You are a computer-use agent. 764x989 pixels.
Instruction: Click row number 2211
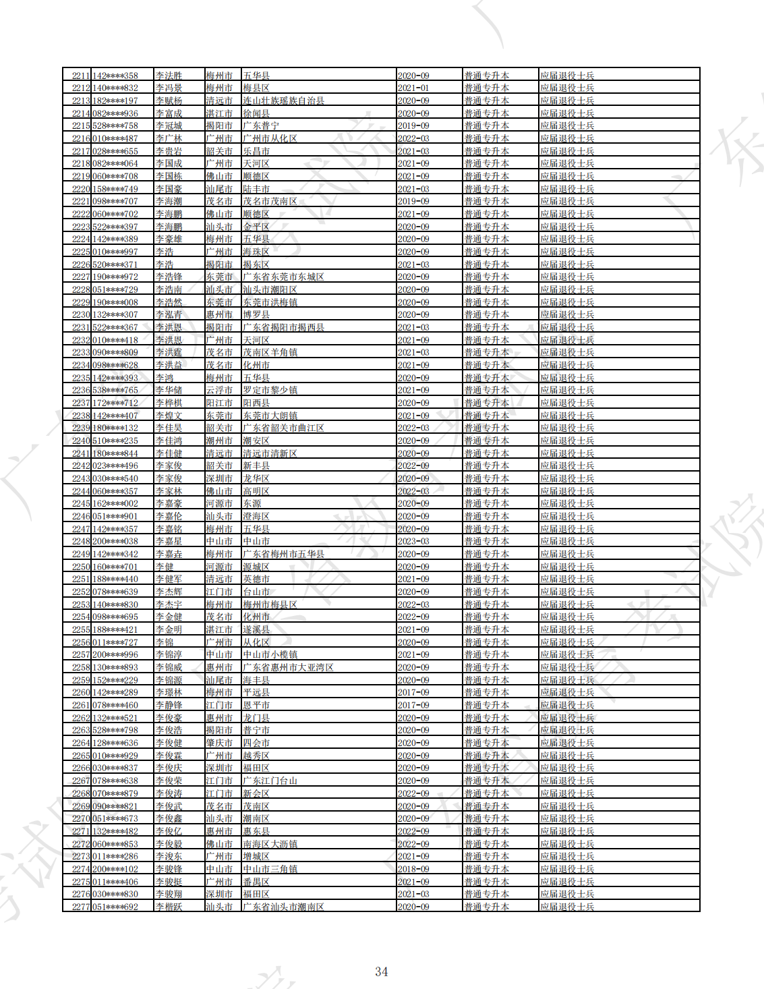[81, 76]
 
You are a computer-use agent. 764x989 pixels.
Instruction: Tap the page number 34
[382, 971]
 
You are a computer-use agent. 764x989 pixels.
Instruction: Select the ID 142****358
[115, 76]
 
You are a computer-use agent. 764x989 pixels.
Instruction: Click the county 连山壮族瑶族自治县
[283, 101]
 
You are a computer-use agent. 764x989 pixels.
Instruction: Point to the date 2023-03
[413, 541]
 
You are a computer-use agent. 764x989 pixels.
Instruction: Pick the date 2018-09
[413, 869]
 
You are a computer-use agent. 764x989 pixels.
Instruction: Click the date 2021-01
[413, 88]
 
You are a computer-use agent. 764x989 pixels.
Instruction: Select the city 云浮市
[219, 390]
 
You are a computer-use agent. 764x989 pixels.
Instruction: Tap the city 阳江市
[219, 403]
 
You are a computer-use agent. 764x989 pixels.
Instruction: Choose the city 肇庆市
[219, 743]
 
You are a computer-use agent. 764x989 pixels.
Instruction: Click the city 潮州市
[219, 441]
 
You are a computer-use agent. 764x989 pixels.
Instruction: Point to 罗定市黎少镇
[270, 390]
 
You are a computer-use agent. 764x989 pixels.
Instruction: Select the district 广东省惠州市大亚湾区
[288, 667]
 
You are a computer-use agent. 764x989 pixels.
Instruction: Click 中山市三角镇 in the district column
[270, 869]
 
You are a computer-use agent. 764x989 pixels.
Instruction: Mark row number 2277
[81, 907]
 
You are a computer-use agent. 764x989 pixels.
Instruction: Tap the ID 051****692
[115, 907]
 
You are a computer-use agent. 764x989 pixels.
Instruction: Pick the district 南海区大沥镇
[270, 844]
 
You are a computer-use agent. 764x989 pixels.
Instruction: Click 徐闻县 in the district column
[256, 113]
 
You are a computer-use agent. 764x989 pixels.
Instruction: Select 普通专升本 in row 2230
[486, 314]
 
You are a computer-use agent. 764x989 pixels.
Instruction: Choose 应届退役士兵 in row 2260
[567, 692]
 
